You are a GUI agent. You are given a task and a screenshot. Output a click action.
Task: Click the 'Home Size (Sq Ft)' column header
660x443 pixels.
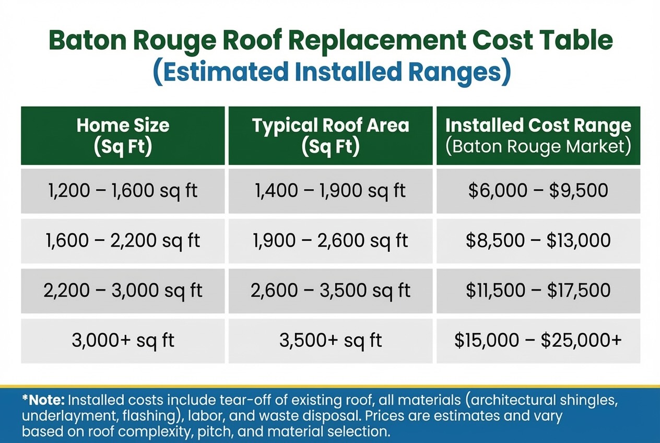pyautogui.click(x=123, y=136)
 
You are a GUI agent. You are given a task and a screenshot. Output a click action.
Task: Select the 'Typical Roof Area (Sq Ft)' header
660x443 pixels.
pyautogui.click(x=331, y=136)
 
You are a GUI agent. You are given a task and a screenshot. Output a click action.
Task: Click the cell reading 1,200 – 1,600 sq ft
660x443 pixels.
pyautogui.click(x=123, y=191)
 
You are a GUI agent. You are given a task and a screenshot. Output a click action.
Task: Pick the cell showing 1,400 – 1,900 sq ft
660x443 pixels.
pyautogui.click(x=331, y=191)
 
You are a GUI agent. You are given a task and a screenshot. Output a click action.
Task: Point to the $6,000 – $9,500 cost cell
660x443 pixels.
pyautogui.click(x=538, y=191)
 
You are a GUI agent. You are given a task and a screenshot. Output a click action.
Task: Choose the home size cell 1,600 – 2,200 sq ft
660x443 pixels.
pyautogui.click(x=123, y=241)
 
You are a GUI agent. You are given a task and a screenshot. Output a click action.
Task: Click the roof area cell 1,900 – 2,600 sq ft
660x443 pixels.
pyautogui.click(x=331, y=241)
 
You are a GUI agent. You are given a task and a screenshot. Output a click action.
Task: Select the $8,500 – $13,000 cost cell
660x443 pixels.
pyautogui.click(x=538, y=241)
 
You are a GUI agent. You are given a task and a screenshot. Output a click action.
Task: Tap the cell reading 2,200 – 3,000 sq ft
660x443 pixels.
pyautogui.click(x=123, y=290)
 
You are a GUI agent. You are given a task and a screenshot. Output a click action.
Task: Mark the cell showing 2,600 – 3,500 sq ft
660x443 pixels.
pyautogui.click(x=331, y=290)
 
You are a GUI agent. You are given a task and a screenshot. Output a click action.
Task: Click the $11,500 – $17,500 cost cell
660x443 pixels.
pyautogui.click(x=538, y=290)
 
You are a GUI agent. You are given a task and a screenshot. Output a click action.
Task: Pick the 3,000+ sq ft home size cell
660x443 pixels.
pyautogui.click(x=123, y=341)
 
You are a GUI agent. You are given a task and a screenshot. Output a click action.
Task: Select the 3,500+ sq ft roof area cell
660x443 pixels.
pyautogui.click(x=331, y=341)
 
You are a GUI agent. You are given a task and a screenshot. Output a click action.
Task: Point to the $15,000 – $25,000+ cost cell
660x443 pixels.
pyautogui.click(x=538, y=341)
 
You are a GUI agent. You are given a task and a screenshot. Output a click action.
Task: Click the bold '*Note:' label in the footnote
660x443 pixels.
pyautogui.click(x=43, y=401)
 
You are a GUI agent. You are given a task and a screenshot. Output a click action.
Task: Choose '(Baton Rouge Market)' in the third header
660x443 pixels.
pyautogui.click(x=538, y=146)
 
